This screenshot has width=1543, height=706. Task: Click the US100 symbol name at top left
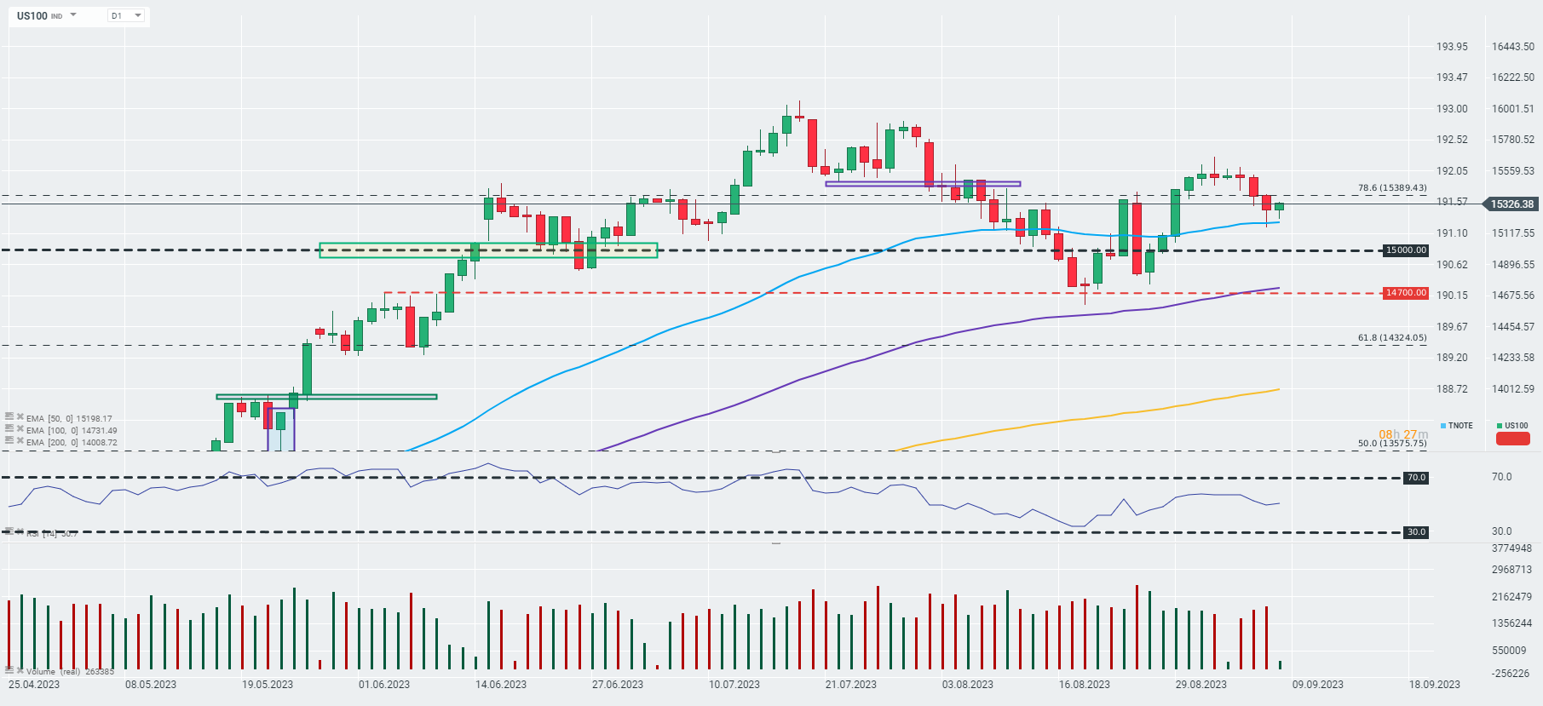point(32,15)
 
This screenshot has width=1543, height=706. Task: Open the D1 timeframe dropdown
point(126,15)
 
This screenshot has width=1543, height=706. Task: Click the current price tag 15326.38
point(1511,204)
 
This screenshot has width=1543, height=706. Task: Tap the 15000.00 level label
point(1405,250)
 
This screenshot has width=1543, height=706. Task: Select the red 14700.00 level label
point(1405,293)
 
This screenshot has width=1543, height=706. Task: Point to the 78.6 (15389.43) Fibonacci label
point(1391,187)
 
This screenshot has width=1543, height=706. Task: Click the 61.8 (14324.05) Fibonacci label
point(1391,338)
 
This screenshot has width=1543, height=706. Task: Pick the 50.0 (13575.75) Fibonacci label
point(1391,444)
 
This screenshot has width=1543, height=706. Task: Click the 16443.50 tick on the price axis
point(1512,47)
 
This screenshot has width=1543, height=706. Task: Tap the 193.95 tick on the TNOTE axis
point(1452,47)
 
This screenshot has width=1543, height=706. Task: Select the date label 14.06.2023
point(501,685)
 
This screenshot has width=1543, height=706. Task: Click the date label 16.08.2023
point(1085,685)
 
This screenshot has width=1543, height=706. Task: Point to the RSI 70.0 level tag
point(1416,478)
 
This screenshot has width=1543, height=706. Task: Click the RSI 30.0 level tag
point(1416,532)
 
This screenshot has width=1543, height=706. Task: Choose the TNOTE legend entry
point(1457,426)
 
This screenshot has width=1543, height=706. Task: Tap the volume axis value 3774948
point(1511,548)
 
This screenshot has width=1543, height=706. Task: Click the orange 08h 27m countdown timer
point(1403,434)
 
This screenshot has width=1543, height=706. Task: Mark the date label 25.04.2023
point(34,685)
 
